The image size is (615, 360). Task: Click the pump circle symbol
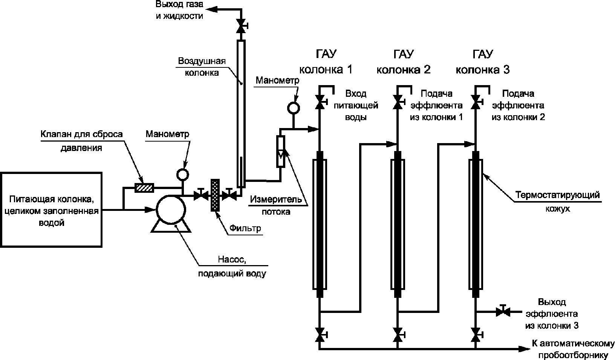[x=171, y=210]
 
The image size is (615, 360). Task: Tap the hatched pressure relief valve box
[x=144, y=188]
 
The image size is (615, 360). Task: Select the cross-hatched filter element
[x=215, y=195]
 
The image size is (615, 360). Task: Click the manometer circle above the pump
[x=182, y=174]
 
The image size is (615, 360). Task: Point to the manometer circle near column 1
[x=294, y=108]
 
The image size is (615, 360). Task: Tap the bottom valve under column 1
[x=320, y=335]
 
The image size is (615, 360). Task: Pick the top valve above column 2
[x=398, y=102]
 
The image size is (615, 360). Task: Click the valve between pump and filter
[x=201, y=195]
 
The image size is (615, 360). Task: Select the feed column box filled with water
[x=51, y=210]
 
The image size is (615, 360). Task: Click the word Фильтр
[x=245, y=228]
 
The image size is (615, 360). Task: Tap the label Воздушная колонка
[x=202, y=67]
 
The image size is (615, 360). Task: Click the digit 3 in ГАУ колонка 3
[x=506, y=70]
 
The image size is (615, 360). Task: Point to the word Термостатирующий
[x=558, y=195]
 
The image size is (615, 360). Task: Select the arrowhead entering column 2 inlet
[x=392, y=144]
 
